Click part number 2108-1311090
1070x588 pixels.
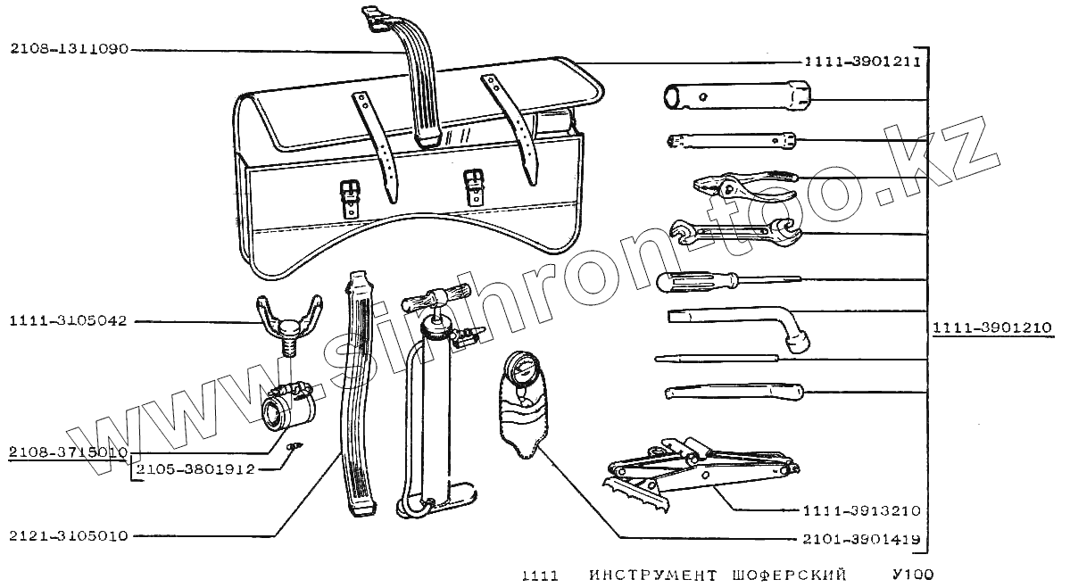pos(70,50)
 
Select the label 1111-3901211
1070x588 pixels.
pos(861,62)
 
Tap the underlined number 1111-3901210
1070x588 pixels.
pos(994,327)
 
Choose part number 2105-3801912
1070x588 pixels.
pos(196,468)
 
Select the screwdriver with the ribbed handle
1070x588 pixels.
pos(701,282)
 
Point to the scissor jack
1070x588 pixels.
pos(696,468)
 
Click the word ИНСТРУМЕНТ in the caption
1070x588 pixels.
pos(653,576)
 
